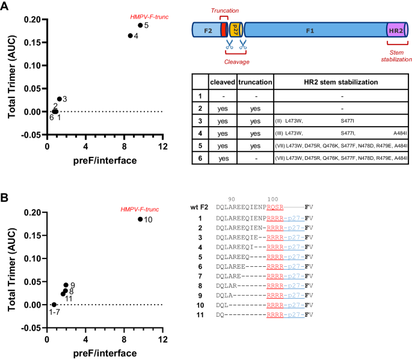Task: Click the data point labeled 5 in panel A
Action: (140, 25)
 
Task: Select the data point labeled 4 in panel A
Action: (131, 36)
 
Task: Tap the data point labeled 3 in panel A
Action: (60, 99)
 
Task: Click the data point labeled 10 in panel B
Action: (140, 219)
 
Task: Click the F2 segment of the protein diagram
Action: (206, 28)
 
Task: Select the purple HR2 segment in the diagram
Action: (395, 29)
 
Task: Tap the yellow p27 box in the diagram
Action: (235, 29)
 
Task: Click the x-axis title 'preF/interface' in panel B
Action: (104, 352)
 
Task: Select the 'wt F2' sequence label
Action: (199, 207)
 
